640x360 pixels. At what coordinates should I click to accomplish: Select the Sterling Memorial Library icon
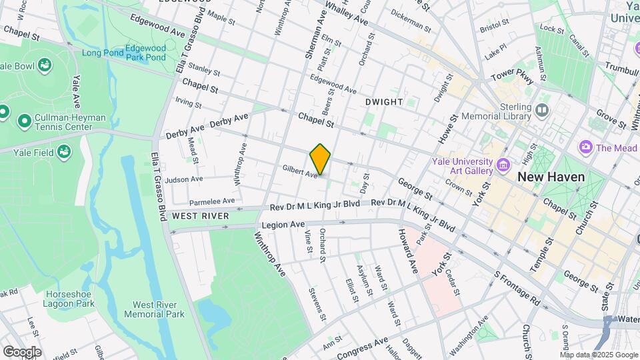pos(541,109)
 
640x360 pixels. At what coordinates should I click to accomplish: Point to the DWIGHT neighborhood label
pos(384,102)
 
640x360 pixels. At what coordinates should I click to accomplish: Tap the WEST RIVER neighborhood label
pos(201,216)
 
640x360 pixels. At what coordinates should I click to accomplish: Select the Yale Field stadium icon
pos(64,151)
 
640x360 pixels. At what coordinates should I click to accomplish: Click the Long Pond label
pos(103,53)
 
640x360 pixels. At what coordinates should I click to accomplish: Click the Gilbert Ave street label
pos(300,171)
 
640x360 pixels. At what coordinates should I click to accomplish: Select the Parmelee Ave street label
pos(212,201)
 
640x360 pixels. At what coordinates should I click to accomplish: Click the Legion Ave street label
pos(283,225)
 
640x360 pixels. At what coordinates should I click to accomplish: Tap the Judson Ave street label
pos(184,179)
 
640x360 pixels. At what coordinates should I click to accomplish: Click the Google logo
pos(22,351)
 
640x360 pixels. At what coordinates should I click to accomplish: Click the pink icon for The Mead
pos(586,146)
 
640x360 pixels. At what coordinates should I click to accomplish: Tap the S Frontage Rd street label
pos(517,288)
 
